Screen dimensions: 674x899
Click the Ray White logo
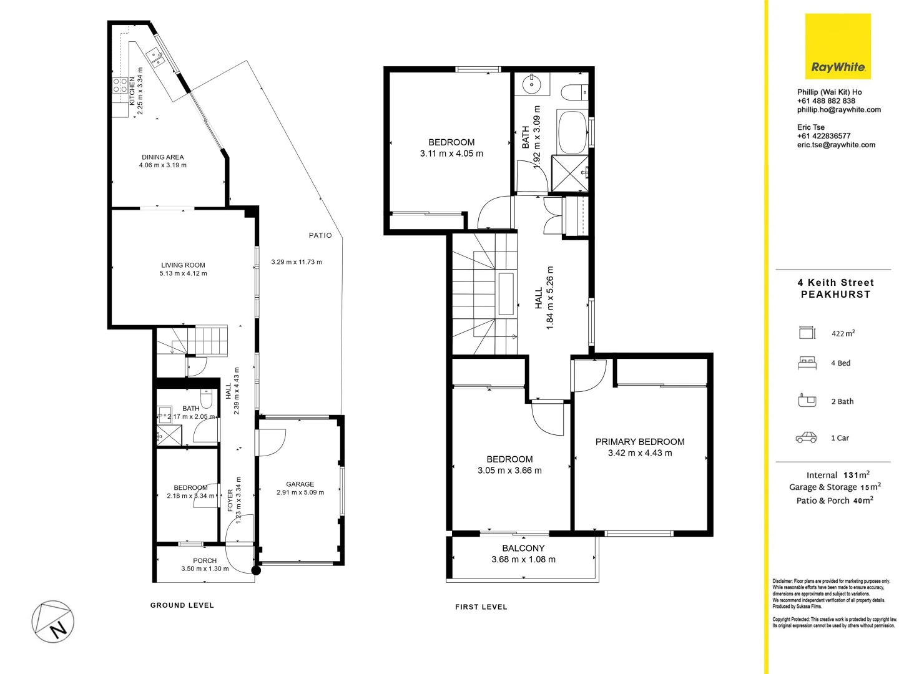[x=838, y=47]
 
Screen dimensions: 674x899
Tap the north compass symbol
[x=53, y=622]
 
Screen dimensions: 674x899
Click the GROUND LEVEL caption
[x=182, y=605]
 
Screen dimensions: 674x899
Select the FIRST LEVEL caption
[x=481, y=607]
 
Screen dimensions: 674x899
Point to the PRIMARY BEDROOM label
[x=639, y=441]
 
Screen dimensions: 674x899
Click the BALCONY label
[x=523, y=548]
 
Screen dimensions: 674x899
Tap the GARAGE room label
[x=300, y=484]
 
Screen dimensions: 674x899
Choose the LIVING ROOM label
[x=183, y=265]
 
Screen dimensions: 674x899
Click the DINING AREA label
[x=162, y=157]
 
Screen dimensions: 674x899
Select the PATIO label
[x=320, y=235]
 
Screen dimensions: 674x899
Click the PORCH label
[x=205, y=560]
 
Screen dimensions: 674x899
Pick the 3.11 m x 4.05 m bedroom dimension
[x=451, y=154]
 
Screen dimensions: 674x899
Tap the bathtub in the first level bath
[x=572, y=132]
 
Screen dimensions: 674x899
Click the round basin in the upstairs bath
[x=532, y=84]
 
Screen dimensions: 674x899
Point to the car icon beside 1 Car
[x=806, y=437]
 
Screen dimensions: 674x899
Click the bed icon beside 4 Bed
[x=807, y=363]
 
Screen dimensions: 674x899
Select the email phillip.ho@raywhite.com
[x=838, y=110]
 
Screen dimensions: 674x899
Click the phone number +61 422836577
[x=823, y=136]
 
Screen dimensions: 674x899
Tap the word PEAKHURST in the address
[x=835, y=295]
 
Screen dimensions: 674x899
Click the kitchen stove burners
[x=120, y=85]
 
